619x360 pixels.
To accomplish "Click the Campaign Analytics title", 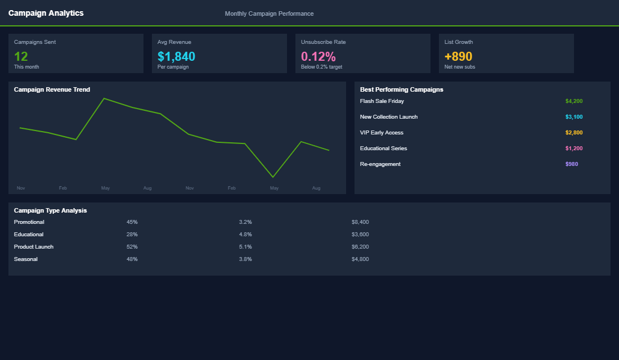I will pos(46,13).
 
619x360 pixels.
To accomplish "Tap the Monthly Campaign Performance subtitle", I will pos(269,13).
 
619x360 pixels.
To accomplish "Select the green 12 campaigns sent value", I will pos(21,56).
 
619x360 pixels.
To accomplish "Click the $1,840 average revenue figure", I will pos(176,56).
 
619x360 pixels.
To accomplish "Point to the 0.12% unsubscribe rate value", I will pos(318,56).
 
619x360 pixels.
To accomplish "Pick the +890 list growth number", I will pos(458,56).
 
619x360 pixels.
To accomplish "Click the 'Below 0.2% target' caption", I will pos(321,67).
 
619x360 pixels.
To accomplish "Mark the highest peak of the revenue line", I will pos(104,98).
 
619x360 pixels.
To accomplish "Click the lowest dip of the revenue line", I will pos(273,177).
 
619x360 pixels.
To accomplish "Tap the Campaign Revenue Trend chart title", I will pos(52,89).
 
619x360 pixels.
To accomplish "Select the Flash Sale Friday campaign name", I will pos(382,101).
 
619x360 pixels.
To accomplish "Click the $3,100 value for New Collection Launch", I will pos(573,117).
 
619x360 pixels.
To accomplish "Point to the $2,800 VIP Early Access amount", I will pos(573,133).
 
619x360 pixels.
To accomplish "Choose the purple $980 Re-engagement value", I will pos(571,164).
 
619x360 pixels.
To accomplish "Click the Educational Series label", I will pos(383,148).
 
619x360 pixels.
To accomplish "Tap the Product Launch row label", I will pos(34,247).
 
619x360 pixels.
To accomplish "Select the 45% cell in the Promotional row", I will pos(132,222).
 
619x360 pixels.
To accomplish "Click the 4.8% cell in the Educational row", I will pos(245,235).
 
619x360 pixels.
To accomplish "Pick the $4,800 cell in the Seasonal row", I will pos(360,259).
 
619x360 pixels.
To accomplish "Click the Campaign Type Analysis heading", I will pos(50,210).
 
